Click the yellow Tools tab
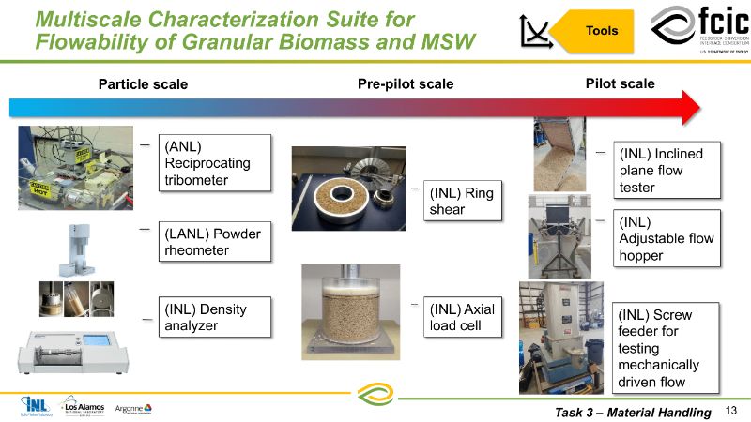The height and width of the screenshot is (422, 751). point(601,31)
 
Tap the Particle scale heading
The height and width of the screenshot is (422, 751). point(143,84)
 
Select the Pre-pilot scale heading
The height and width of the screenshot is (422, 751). point(406,84)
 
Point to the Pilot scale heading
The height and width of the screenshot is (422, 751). point(620,83)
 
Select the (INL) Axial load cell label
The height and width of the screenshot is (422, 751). point(461,316)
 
